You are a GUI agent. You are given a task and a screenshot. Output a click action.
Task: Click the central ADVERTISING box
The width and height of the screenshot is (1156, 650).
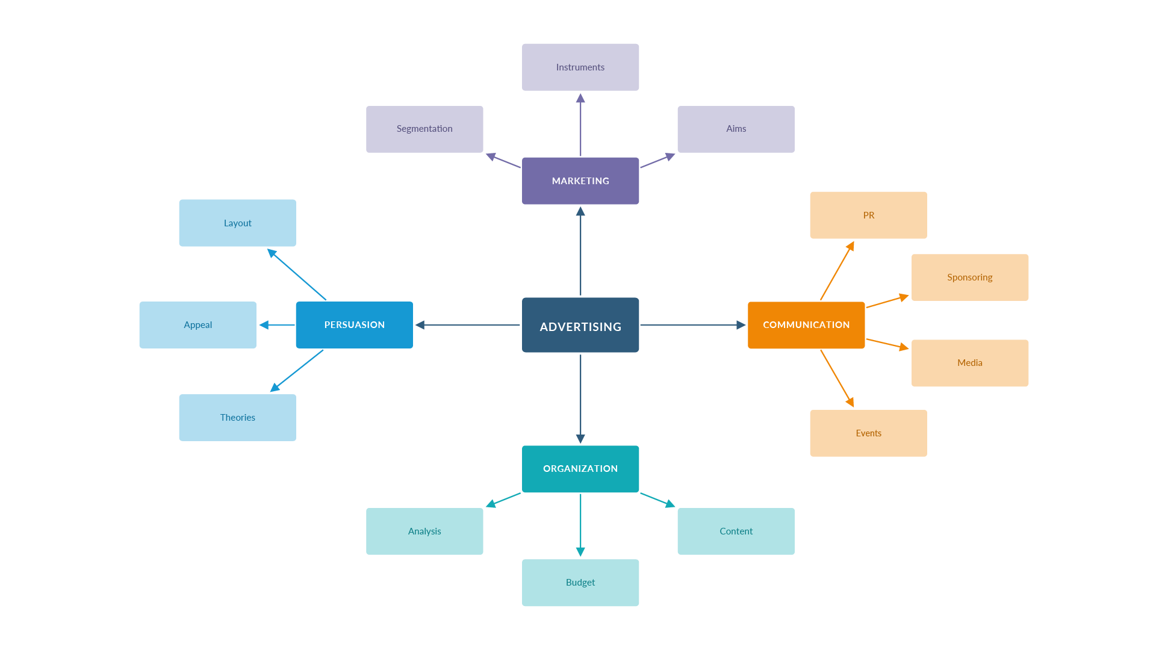[580, 325]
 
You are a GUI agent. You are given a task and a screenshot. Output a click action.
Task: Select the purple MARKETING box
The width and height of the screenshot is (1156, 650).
[580, 181]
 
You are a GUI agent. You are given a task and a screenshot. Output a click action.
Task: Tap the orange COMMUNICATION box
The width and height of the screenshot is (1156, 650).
[806, 325]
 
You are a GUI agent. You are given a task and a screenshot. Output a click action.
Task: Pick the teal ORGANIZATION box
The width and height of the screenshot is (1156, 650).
[580, 469]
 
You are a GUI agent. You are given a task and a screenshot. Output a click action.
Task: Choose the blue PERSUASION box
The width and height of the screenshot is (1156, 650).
[354, 325]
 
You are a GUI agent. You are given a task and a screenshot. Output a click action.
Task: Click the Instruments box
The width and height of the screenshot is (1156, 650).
[580, 67]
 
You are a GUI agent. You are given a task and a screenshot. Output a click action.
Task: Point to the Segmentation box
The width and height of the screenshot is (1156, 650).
[424, 129]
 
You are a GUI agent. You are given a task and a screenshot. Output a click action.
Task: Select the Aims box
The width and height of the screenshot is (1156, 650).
[736, 129]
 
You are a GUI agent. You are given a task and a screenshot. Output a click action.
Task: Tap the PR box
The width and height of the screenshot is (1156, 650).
[868, 215]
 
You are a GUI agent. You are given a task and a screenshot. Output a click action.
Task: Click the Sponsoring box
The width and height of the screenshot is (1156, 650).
[970, 277]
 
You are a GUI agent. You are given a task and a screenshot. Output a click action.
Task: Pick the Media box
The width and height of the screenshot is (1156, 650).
[970, 363]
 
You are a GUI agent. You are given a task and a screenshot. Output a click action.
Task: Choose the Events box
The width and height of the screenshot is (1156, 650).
[868, 433]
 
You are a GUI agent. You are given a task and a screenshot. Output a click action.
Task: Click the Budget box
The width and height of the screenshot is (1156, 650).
[580, 583]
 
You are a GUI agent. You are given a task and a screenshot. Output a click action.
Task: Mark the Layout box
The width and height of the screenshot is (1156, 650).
[237, 223]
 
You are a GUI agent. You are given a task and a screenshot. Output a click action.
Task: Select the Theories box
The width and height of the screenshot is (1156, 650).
[237, 418]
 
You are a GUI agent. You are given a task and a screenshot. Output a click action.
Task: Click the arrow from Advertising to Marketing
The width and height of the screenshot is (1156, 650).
[580, 253]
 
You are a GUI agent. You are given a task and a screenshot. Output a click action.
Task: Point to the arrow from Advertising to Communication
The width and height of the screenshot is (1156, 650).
[692, 325]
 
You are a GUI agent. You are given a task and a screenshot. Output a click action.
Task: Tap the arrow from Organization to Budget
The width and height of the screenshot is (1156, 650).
[580, 524]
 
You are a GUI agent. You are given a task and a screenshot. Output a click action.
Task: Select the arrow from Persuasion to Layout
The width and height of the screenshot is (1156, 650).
[298, 275]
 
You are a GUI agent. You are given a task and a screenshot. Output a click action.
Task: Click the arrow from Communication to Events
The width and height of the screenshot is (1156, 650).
[837, 378]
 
